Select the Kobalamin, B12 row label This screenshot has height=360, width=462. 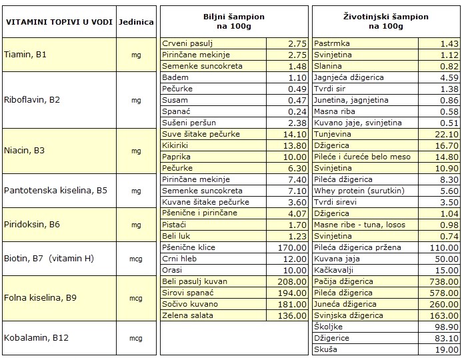tap(37, 337)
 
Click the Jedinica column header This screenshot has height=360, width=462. tap(136, 22)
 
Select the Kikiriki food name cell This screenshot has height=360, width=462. tap(176, 145)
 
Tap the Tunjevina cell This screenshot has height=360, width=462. tap(333, 134)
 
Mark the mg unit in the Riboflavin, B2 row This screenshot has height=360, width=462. tap(136, 100)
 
